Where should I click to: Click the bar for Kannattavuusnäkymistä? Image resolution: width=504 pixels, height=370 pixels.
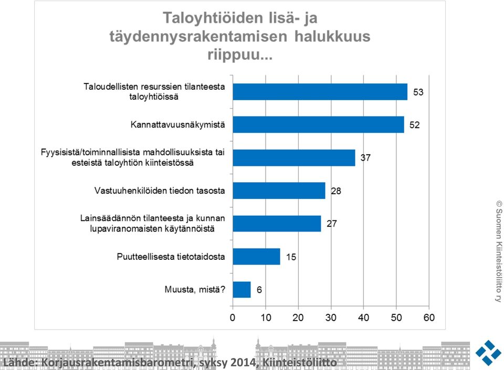tap(318, 124)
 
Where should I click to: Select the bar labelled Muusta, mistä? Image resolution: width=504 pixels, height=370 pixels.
tap(241, 290)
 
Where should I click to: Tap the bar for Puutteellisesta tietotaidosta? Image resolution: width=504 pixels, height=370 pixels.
tap(257, 257)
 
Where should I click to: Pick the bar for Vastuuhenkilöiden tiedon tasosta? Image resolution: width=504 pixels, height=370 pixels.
tap(279, 191)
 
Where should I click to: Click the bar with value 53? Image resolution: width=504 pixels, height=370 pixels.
tap(320, 92)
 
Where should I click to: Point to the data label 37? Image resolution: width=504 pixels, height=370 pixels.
tap(365, 157)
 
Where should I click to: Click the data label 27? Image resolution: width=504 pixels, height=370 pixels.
tap(332, 224)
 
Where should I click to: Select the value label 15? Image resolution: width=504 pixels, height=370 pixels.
tap(291, 257)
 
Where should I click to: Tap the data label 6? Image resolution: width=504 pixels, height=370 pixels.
tap(259, 290)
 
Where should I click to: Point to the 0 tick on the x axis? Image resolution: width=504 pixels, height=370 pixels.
tap(233, 318)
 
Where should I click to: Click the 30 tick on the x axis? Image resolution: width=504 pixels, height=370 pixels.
tap(331, 318)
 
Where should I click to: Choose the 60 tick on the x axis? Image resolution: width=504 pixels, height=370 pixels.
tap(429, 318)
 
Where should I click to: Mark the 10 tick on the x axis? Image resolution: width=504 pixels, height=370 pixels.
tap(266, 318)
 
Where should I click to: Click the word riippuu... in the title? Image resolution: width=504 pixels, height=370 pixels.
tap(240, 55)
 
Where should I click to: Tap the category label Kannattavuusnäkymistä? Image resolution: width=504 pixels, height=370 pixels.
tap(178, 124)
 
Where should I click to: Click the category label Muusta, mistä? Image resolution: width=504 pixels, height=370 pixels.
tap(195, 290)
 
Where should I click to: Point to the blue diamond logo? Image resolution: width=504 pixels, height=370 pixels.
tap(488, 353)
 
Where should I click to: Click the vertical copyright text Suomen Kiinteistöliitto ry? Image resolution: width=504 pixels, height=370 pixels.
tap(499, 251)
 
